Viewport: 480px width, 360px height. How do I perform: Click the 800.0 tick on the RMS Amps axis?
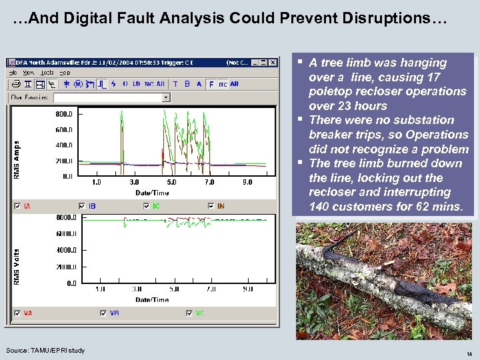pyautogui.click(x=64, y=114)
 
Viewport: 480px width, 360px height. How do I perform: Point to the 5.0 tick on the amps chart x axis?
pyautogui.click(x=172, y=182)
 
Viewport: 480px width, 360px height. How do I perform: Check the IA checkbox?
pyautogui.click(x=17, y=206)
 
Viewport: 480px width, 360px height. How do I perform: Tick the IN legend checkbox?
pyautogui.click(x=211, y=206)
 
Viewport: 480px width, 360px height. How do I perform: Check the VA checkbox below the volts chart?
pyautogui.click(x=17, y=313)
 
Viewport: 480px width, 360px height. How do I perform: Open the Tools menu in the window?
pyautogui.click(x=47, y=72)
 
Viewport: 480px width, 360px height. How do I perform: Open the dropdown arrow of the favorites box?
pyautogui.click(x=166, y=97)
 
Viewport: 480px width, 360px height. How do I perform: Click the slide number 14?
pyautogui.click(x=469, y=354)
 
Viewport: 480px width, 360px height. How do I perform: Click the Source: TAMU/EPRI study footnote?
pyautogui.click(x=45, y=350)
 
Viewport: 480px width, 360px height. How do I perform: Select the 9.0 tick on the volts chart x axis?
pyautogui.click(x=247, y=289)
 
